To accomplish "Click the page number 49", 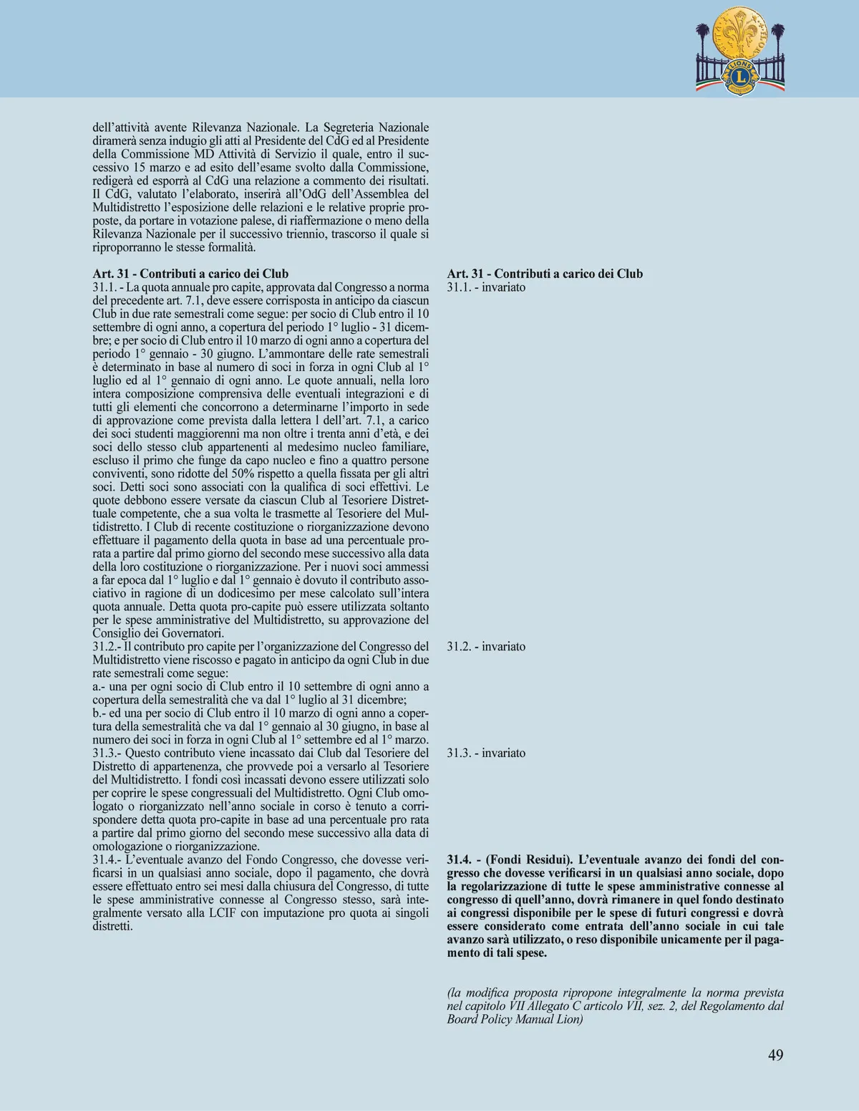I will (775, 1055).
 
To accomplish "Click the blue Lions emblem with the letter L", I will (739, 75).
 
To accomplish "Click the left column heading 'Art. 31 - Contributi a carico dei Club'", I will (190, 274).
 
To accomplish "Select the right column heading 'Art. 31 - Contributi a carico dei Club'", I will (545, 274).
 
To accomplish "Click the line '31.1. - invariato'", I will (486, 287).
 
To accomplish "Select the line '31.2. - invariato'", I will (486, 646).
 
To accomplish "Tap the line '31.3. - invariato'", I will (486, 753).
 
